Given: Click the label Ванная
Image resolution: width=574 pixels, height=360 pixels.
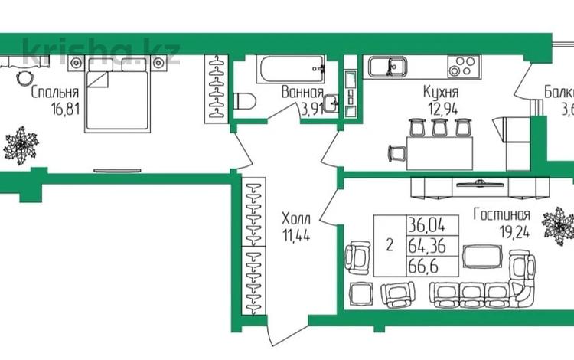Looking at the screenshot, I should point(301,92).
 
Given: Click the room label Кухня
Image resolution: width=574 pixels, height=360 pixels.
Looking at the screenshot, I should point(439,93).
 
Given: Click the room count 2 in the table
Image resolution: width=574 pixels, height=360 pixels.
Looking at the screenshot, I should point(390,246).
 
